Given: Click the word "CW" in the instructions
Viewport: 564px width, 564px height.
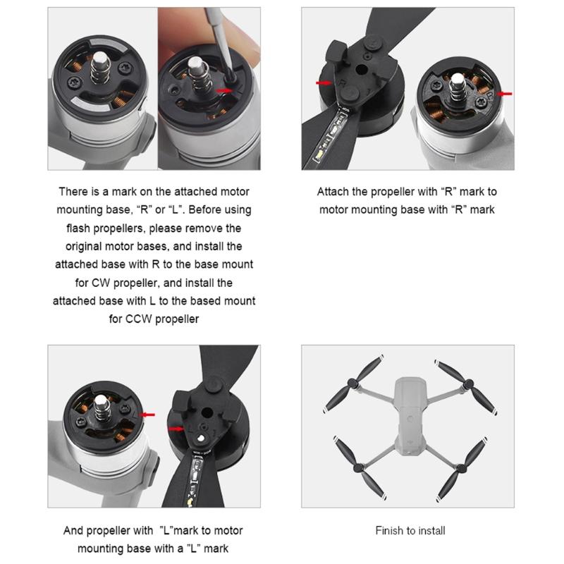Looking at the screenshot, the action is (x=101, y=283).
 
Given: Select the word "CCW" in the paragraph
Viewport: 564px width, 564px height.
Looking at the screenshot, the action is (x=138, y=319).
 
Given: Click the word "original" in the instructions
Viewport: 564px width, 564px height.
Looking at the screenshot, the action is (x=83, y=247).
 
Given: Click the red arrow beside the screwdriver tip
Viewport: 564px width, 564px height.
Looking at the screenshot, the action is (x=223, y=91).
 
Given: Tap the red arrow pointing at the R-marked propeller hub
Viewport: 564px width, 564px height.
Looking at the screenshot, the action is (x=324, y=83).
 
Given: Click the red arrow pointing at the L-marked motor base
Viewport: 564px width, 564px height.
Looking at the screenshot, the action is (x=147, y=415).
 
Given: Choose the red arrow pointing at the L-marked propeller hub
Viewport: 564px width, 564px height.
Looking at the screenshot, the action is (x=176, y=429).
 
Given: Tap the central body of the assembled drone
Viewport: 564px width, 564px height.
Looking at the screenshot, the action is (x=410, y=415).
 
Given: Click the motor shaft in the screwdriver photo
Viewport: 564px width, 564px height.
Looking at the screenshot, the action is (x=198, y=74).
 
